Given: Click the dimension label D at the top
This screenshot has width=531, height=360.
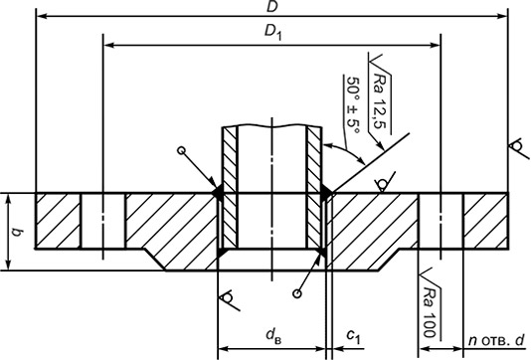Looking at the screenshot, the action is pyautogui.click(x=271, y=6).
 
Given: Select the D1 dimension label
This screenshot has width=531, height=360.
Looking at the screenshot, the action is pyautogui.click(x=272, y=33).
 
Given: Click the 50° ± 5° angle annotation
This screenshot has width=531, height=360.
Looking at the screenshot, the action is pyautogui.click(x=353, y=105).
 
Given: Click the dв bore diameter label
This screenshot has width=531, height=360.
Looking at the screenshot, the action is pyautogui.click(x=273, y=334).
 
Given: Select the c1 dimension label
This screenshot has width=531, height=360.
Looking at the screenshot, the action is pyautogui.click(x=354, y=335).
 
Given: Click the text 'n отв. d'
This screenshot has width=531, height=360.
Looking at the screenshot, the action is pyautogui.click(x=496, y=340).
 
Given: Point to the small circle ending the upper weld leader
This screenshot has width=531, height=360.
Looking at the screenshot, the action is pyautogui.click(x=182, y=151).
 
